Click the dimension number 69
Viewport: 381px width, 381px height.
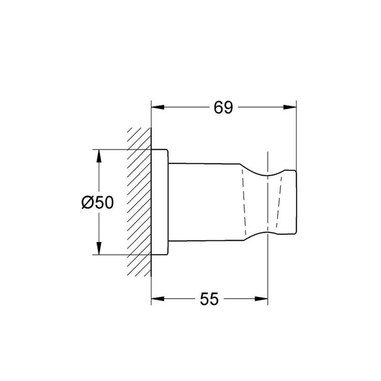pos(223,108)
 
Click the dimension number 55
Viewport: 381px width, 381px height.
pos(209,299)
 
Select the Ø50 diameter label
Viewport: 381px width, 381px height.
pos(98,203)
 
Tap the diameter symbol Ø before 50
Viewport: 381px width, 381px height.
pos(88,203)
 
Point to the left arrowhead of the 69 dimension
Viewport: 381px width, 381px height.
pos(157,107)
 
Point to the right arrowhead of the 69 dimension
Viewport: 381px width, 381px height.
pos(290,107)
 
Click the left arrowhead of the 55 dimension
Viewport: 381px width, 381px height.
pos(157,299)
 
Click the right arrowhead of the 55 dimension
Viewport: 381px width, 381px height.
pos(261,299)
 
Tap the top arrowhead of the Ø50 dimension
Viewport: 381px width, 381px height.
pos(99,156)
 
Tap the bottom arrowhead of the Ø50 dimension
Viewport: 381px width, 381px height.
pos(99,248)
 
